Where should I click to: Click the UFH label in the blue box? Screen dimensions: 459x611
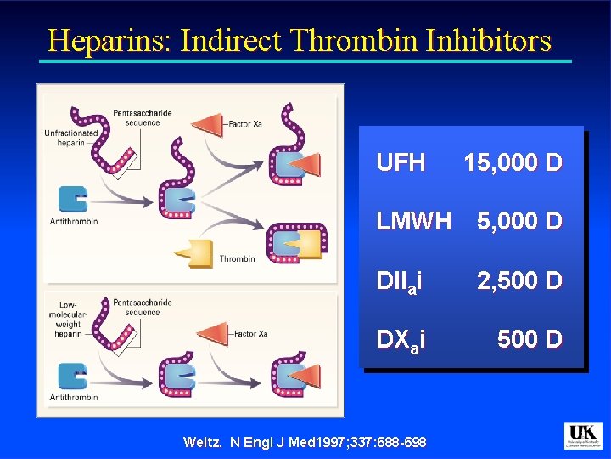point(401,162)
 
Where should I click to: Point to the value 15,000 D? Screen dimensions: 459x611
point(513,162)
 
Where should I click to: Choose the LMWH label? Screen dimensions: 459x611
point(414,221)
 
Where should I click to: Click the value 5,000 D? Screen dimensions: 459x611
point(519,221)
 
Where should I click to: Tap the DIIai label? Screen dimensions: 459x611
point(401,280)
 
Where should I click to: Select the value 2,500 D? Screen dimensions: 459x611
point(519,280)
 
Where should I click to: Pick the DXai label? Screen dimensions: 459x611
point(401,340)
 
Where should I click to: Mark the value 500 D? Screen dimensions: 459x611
point(530,340)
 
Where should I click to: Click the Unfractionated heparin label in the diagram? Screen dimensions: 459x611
point(71,138)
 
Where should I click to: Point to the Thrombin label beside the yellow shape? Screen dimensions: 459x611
point(237,258)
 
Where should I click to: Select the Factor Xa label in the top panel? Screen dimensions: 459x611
point(246,124)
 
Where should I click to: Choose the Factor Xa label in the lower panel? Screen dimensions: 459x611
point(250,334)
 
